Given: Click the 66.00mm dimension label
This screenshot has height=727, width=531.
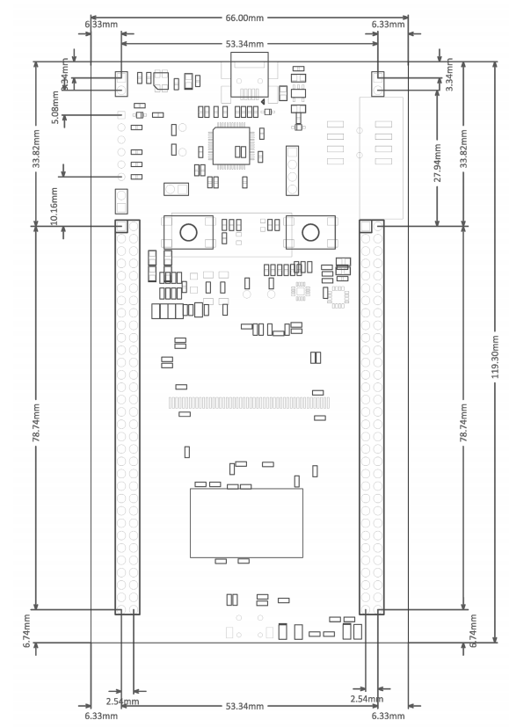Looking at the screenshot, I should (249, 18).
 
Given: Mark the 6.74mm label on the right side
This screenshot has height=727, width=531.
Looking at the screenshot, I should (474, 630).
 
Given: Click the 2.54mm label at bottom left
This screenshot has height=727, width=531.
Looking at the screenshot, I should (122, 701).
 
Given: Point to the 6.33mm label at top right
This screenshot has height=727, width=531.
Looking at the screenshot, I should (388, 25).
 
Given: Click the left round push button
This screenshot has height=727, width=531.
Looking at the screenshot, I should (188, 232).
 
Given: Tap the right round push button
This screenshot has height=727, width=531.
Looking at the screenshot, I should (310, 232).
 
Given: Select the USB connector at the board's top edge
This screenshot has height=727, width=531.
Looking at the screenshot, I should (250, 73).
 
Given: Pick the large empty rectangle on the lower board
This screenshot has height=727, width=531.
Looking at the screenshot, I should (246, 522).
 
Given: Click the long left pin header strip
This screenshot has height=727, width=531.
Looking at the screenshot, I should (127, 417).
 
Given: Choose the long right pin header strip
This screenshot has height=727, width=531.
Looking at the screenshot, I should (371, 417).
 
